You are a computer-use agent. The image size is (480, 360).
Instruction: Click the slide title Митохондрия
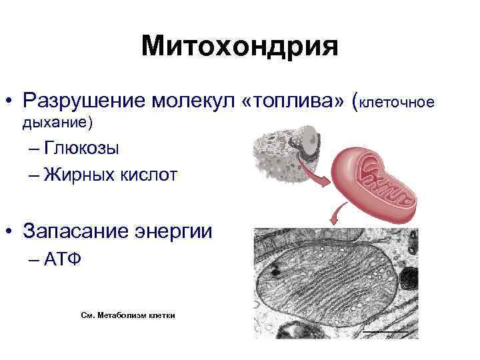(x=240, y=47)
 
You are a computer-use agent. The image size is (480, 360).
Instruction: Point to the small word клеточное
(x=397, y=102)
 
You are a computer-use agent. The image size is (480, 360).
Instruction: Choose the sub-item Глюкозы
(x=80, y=148)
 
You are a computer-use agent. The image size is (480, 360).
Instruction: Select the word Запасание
(x=75, y=231)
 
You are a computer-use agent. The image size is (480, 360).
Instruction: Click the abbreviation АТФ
(x=64, y=259)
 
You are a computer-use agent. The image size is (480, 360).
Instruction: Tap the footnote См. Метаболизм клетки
(x=128, y=315)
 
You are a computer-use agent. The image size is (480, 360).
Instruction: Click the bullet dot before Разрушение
(x=10, y=102)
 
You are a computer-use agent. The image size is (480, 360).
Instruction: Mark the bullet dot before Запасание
(x=10, y=233)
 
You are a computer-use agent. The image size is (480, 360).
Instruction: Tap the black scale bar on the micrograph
(x=385, y=331)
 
